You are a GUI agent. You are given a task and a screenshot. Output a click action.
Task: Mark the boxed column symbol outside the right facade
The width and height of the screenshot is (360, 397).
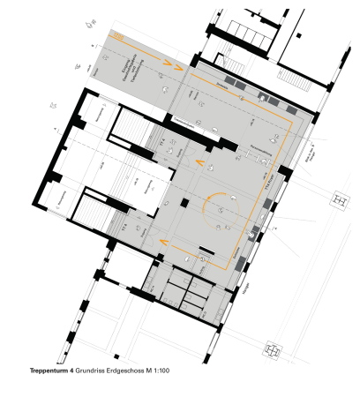(x=339, y=201)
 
